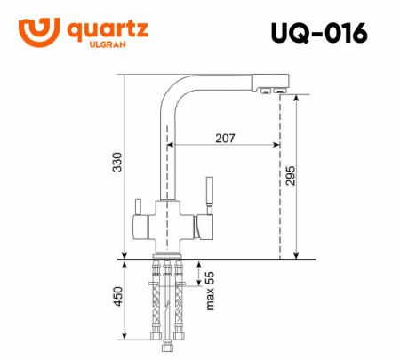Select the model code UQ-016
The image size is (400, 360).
(x=317, y=33)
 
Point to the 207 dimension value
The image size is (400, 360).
(x=226, y=138)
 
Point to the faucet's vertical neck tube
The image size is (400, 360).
(x=164, y=151)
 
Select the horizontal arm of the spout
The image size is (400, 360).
(x=222, y=83)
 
